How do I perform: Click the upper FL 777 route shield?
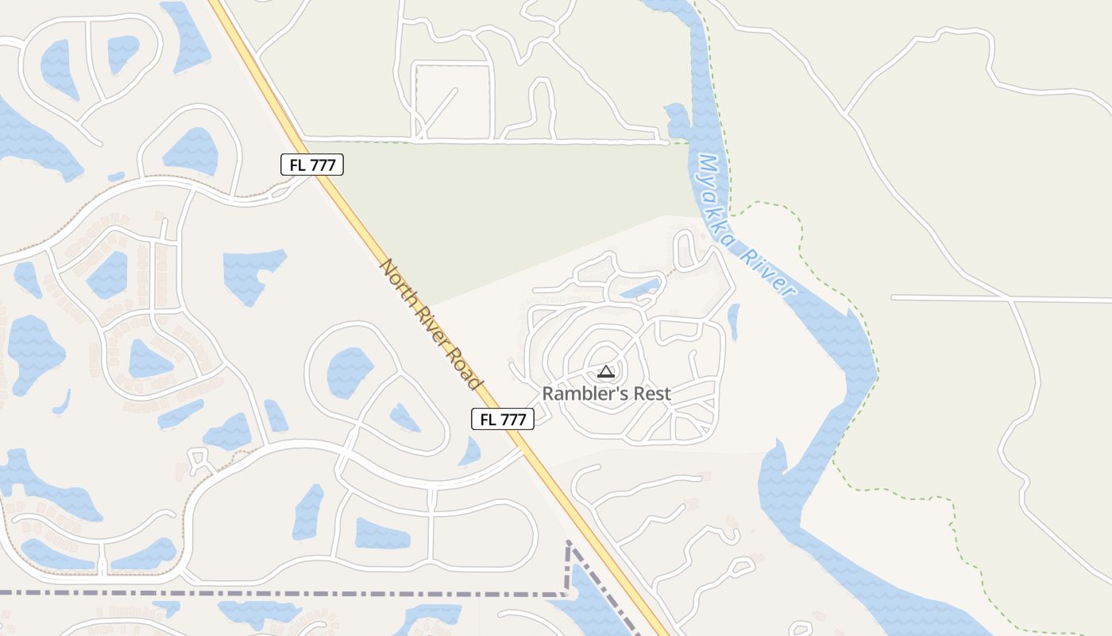[312, 165]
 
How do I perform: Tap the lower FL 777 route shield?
[503, 420]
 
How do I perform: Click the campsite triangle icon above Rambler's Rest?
[606, 371]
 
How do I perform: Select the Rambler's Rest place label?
[606, 394]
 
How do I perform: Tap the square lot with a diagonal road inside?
[453, 101]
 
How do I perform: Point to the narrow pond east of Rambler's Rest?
[733, 322]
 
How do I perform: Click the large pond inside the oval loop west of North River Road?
[349, 372]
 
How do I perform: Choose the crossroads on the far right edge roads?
[1011, 299]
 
